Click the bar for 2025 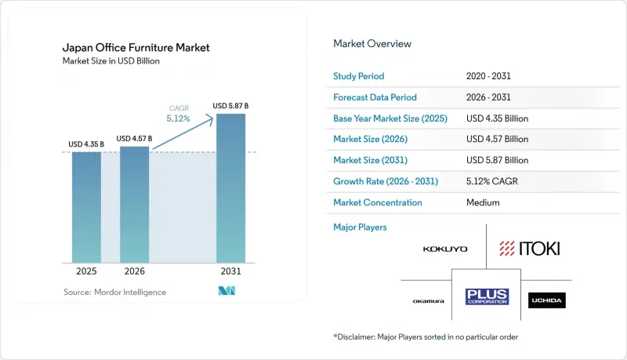86,207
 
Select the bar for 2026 134,205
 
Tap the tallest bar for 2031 230,188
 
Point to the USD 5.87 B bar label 230,106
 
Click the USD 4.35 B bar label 86,144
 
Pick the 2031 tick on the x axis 230,271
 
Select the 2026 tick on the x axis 134,271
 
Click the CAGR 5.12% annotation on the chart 179,114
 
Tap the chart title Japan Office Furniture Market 136,48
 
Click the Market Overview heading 372,44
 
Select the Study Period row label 359,76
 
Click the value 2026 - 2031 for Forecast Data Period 488,97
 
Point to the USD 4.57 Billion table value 497,139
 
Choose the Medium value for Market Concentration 483,202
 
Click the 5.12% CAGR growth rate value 492,181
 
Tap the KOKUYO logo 445,249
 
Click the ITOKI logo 530,249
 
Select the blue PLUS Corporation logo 487,296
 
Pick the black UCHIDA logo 546,300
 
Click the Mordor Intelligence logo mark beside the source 227,291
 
